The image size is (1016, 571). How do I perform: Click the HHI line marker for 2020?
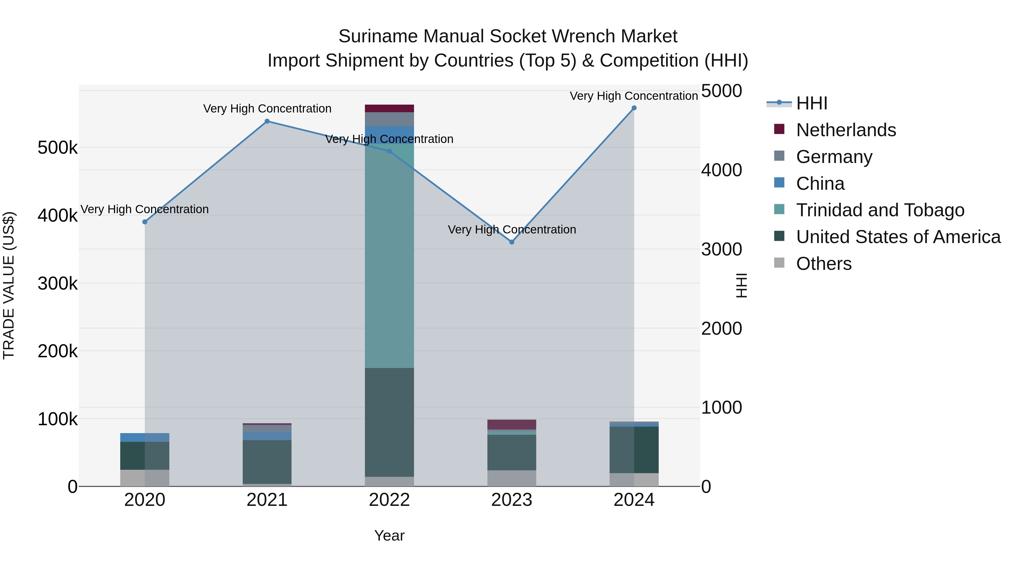(x=145, y=222)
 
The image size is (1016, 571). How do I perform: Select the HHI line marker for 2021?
(x=267, y=121)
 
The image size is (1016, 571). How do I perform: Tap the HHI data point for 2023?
(x=512, y=242)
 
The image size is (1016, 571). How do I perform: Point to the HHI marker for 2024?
(x=634, y=108)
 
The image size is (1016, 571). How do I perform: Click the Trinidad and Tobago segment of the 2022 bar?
(x=389, y=256)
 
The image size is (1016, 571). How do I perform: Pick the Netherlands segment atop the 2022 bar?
(x=389, y=108)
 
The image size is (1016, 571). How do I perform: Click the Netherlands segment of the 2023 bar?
(x=512, y=424)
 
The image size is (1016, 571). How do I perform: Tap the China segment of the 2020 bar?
(x=145, y=437)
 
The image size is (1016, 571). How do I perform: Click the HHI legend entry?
(x=811, y=103)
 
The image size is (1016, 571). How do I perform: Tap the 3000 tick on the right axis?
(x=721, y=250)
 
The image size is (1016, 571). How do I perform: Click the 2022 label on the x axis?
(x=389, y=500)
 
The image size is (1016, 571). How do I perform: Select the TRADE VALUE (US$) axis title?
(x=9, y=285)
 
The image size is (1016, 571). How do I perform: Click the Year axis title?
(x=389, y=535)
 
